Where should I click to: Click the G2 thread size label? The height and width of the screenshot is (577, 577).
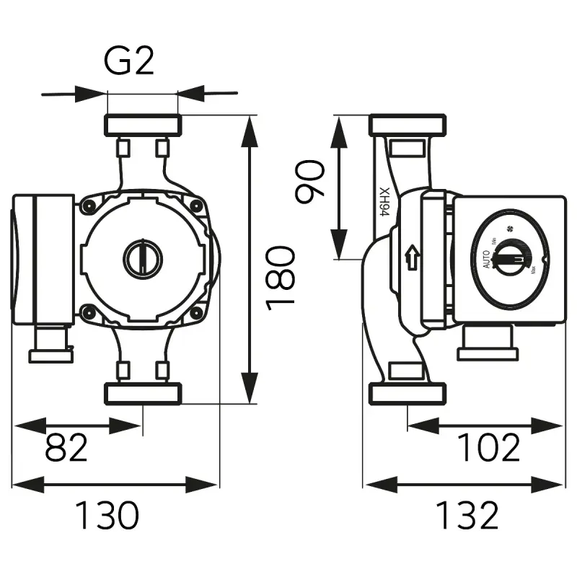click(130, 62)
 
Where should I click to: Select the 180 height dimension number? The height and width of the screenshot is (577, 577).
click(281, 277)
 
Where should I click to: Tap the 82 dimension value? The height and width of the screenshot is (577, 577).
click(66, 448)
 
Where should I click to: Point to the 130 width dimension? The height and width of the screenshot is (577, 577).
click(107, 515)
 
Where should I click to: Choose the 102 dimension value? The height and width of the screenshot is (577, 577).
click(489, 448)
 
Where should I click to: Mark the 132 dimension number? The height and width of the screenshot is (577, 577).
click(467, 515)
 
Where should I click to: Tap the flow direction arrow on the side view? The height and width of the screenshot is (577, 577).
click(412, 257)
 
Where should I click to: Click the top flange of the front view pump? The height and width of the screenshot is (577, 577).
click(142, 125)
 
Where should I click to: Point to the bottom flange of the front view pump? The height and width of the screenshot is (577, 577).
click(142, 393)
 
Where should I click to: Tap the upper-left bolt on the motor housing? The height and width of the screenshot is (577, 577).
click(89, 206)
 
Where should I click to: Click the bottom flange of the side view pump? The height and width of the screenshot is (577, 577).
click(408, 393)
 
